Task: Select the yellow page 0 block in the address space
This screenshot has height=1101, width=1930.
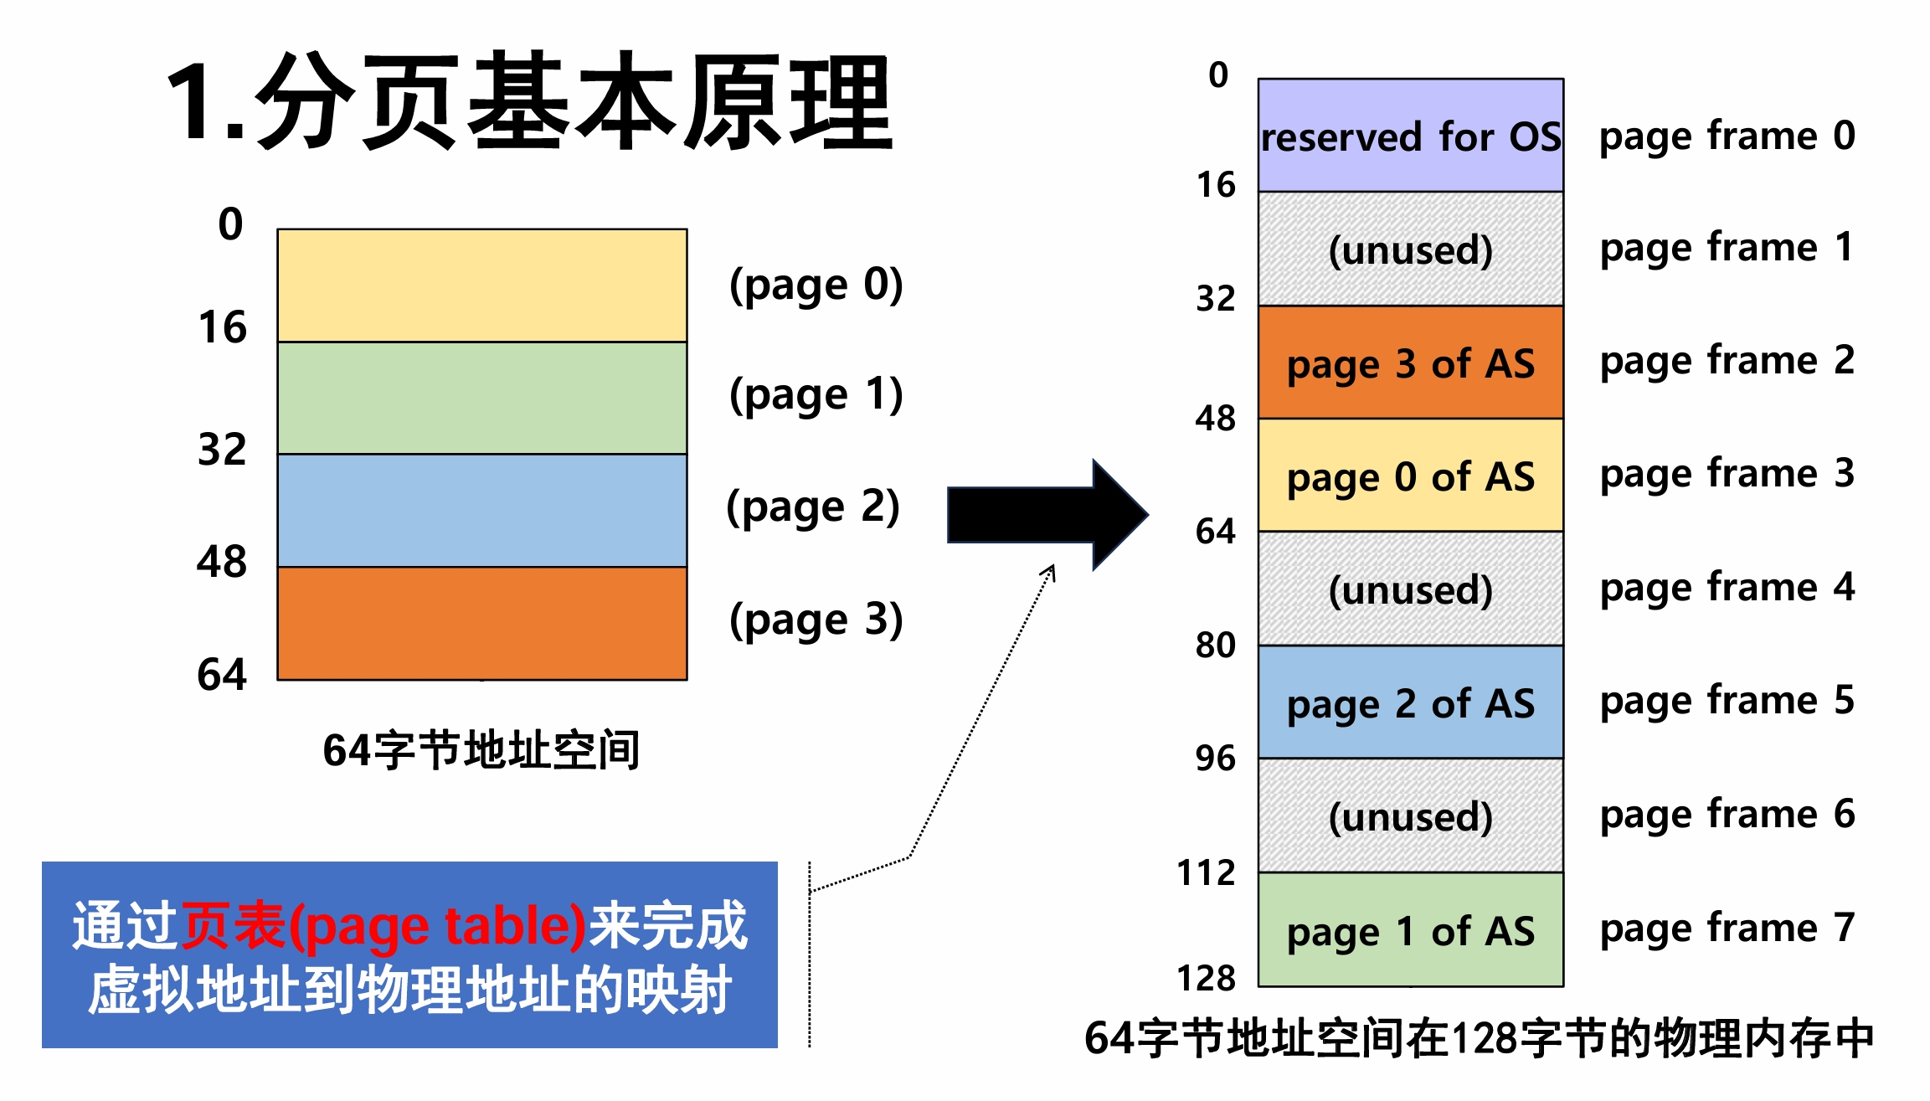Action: coord(481,286)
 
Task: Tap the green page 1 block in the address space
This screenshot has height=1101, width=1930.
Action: coord(481,398)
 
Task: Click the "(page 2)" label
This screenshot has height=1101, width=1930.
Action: coord(813,507)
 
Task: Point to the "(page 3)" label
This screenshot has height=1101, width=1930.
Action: coord(816,620)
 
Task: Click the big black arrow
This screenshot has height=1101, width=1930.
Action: coord(1047,515)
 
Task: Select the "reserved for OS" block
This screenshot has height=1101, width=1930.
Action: coord(1410,136)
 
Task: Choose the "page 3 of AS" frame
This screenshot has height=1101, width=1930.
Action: coord(1410,363)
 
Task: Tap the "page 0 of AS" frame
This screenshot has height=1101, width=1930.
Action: coord(1410,476)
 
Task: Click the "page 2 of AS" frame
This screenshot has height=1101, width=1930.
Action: coord(1410,702)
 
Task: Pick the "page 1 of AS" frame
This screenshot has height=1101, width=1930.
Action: coord(1410,930)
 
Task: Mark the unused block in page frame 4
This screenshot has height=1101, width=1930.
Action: coord(1410,589)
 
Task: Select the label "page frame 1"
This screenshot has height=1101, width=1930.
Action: coord(1727,248)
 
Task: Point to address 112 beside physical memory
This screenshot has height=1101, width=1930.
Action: coord(1206,872)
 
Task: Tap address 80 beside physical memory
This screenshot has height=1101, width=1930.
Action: coord(1215,645)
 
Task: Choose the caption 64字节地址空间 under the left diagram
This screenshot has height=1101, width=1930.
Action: coord(481,749)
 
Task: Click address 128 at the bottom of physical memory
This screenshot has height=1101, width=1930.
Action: coord(1206,977)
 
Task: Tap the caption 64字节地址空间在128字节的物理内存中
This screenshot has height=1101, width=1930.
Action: coord(1479,1039)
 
